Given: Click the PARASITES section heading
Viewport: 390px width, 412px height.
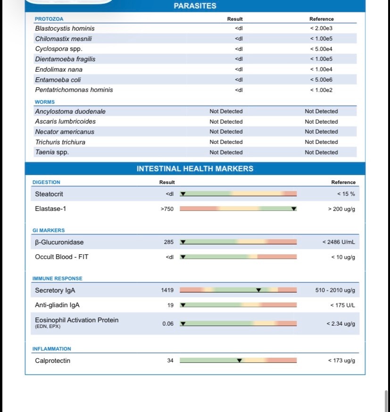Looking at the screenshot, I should [195, 6].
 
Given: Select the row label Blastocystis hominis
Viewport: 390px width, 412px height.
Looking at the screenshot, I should [65, 28].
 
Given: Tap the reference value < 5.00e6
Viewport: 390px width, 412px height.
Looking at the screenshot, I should [321, 80].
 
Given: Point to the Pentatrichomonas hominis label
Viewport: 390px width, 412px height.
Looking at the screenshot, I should [74, 90].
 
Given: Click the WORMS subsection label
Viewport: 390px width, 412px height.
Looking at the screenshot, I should [45, 102].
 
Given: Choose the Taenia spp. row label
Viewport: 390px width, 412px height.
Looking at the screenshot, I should [52, 152].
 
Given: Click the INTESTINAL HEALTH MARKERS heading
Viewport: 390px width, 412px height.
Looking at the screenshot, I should [195, 168].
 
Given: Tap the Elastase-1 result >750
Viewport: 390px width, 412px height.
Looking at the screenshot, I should [167, 209].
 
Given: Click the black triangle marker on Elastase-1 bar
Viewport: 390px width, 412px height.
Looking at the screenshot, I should [294, 209].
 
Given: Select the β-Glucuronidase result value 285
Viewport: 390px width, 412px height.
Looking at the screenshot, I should [168, 242].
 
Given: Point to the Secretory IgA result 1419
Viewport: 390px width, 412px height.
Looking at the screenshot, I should [167, 290].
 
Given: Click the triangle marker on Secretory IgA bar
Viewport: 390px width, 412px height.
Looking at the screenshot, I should [258, 290].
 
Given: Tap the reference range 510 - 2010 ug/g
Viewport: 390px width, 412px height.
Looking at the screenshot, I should [335, 290].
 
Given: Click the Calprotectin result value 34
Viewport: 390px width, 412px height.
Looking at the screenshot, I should [170, 361].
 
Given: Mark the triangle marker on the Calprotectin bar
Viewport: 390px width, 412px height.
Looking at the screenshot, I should [239, 361].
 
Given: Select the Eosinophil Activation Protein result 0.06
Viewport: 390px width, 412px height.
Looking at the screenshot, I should [168, 324].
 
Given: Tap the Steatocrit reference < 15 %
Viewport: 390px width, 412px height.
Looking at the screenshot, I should [346, 194].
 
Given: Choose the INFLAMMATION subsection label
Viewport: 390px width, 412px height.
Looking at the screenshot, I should [51, 349].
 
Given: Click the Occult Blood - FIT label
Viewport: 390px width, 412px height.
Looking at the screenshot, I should [61, 257].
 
